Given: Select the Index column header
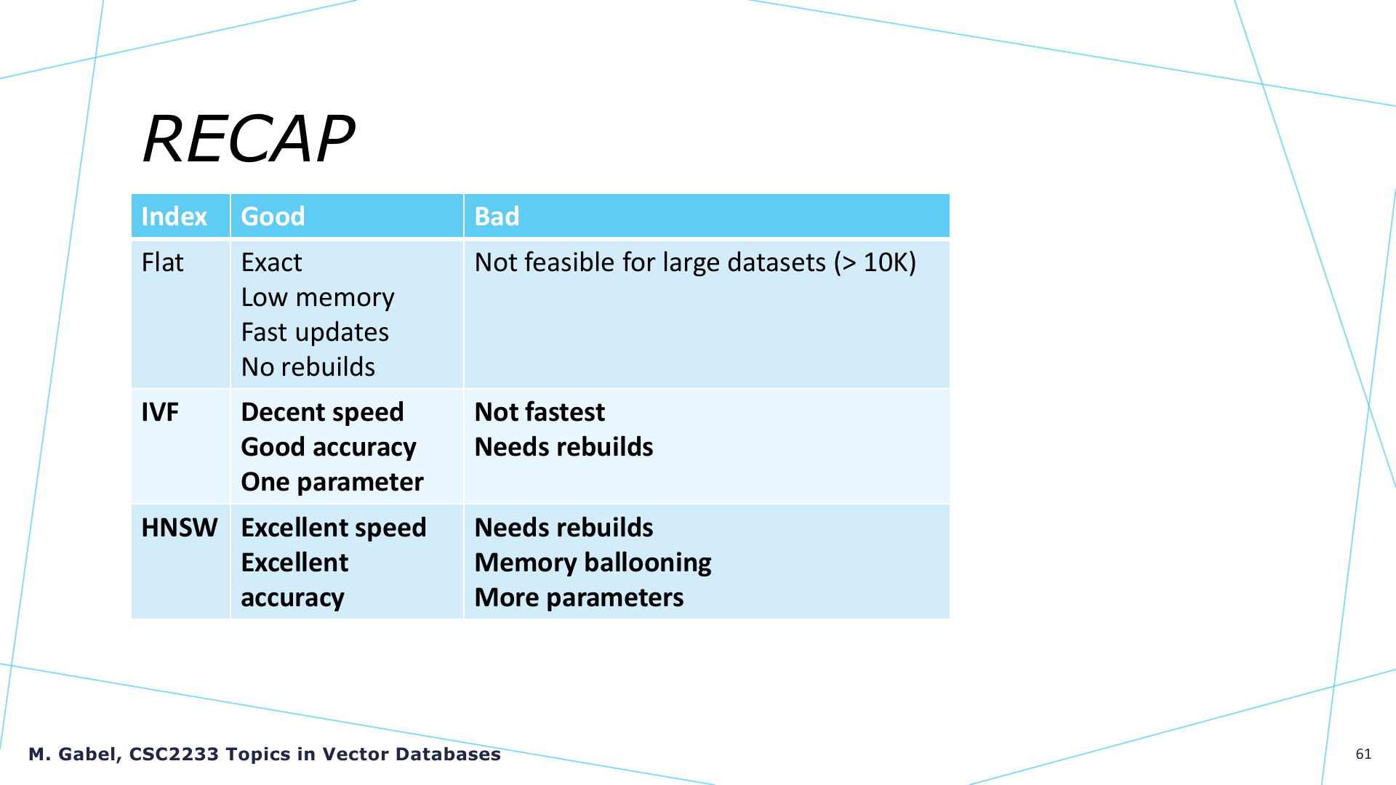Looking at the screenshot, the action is click(x=174, y=217).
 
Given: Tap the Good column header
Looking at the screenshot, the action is click(x=273, y=217).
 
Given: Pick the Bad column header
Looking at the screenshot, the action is click(x=497, y=217).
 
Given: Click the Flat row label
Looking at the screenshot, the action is click(x=162, y=262).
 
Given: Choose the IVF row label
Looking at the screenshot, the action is click(x=160, y=412).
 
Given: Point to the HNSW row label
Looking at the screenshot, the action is click(x=179, y=528).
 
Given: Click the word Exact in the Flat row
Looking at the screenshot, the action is click(x=271, y=262).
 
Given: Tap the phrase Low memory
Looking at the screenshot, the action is click(x=318, y=298).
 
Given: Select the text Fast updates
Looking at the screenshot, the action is click(x=315, y=333).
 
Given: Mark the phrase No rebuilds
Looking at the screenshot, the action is click(x=308, y=367).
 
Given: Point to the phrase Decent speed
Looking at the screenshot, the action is click(x=322, y=413).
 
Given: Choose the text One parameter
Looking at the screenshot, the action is click(x=332, y=483).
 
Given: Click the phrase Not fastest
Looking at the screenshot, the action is click(x=539, y=412).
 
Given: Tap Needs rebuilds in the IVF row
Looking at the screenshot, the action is click(x=563, y=447).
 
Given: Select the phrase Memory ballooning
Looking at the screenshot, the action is click(x=593, y=563).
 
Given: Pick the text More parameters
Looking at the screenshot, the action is click(x=579, y=598).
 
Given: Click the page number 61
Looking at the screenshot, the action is click(x=1363, y=754).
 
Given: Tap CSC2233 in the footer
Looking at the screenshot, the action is click(x=174, y=754).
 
